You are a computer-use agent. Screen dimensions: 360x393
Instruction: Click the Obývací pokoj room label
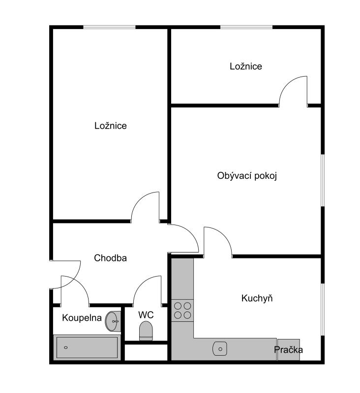247,176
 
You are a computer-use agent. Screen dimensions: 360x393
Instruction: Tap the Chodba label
110,258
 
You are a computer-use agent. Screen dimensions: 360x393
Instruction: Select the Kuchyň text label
257,298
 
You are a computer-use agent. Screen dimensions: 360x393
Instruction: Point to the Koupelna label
82,318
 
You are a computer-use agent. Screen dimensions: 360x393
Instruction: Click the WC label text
146,315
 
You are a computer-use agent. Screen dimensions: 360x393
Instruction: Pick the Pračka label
288,350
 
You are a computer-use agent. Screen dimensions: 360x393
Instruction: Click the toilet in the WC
146,331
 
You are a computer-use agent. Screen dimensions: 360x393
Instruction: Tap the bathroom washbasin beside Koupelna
113,321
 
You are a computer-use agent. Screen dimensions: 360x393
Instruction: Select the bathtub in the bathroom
87,347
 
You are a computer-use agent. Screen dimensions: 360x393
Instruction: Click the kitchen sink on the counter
220,349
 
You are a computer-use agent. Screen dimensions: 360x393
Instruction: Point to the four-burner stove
182,310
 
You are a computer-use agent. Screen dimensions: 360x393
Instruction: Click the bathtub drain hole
66,347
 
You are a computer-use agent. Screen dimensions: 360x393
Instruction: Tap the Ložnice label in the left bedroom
110,126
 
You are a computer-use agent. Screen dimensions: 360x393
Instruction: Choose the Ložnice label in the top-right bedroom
246,66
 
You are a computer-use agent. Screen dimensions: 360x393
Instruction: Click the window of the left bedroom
109,27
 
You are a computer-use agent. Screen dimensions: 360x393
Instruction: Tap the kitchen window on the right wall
323,309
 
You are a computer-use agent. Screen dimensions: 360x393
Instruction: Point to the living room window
323,180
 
